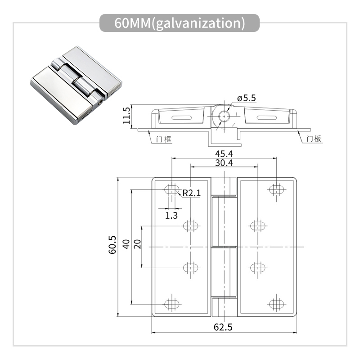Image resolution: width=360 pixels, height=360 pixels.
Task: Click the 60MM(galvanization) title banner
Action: (180, 23)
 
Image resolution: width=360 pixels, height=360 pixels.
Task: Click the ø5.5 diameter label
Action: (246, 98)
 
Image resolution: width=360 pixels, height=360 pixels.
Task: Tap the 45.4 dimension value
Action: (224, 153)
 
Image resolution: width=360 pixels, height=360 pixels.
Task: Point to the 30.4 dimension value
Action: (224, 163)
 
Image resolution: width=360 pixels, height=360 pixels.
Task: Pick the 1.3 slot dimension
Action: (171, 215)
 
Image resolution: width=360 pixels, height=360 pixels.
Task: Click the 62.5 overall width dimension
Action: (224, 328)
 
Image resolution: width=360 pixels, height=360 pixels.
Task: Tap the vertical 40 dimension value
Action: (126, 244)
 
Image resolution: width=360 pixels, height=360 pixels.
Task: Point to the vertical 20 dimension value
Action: (137, 244)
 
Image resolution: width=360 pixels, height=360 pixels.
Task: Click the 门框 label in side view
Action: (164, 139)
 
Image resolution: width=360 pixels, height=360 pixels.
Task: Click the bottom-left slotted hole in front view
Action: (172, 304)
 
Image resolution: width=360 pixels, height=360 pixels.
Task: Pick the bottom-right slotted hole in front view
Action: (277, 304)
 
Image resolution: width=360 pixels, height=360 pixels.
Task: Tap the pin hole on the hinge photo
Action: (99, 103)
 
